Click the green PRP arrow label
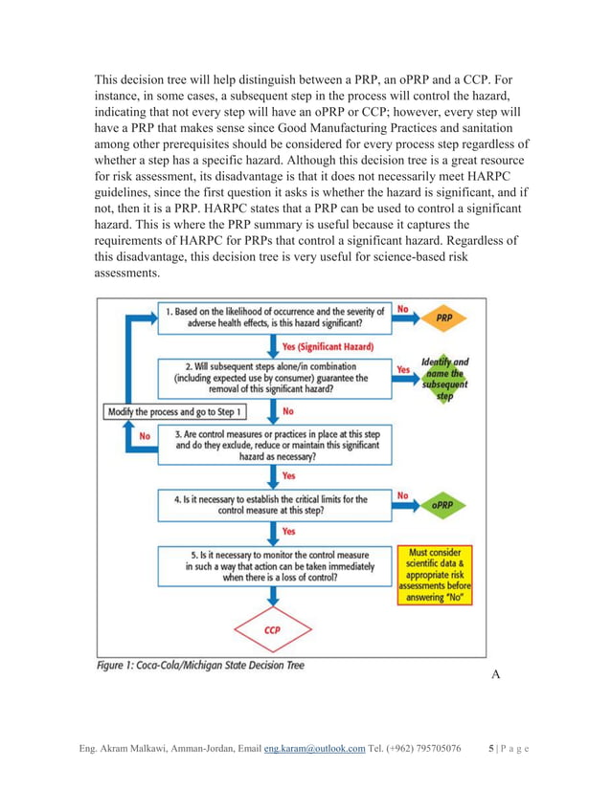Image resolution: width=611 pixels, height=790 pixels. (443, 317)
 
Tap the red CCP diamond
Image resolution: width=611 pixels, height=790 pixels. (272, 630)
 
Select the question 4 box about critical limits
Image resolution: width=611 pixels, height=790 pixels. (274, 504)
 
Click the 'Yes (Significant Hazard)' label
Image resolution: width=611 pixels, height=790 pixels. (328, 346)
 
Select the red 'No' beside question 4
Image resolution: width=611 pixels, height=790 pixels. (403, 495)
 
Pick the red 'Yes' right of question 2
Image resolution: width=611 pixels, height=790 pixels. (404, 367)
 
